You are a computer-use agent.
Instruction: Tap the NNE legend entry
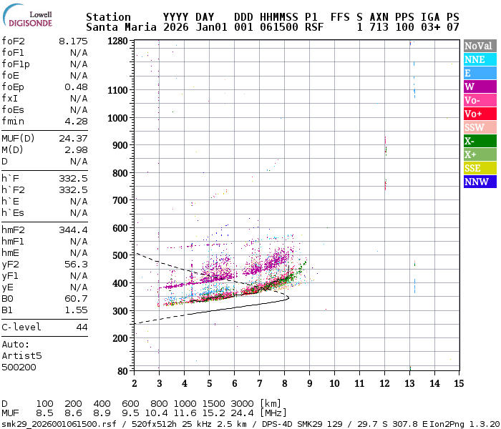point(477,60)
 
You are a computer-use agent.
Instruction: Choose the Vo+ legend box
point(477,114)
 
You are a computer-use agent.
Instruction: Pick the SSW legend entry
point(477,127)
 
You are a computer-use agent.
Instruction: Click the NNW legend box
point(477,182)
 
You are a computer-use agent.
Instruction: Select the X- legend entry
point(477,141)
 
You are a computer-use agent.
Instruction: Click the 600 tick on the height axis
point(120,228)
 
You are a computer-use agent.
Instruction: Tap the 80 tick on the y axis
point(122,371)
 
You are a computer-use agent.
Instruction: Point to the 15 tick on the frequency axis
point(457,383)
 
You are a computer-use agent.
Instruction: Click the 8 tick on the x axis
point(284,383)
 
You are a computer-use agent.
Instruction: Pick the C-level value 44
point(82,327)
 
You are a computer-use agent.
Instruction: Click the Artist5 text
point(21,355)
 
